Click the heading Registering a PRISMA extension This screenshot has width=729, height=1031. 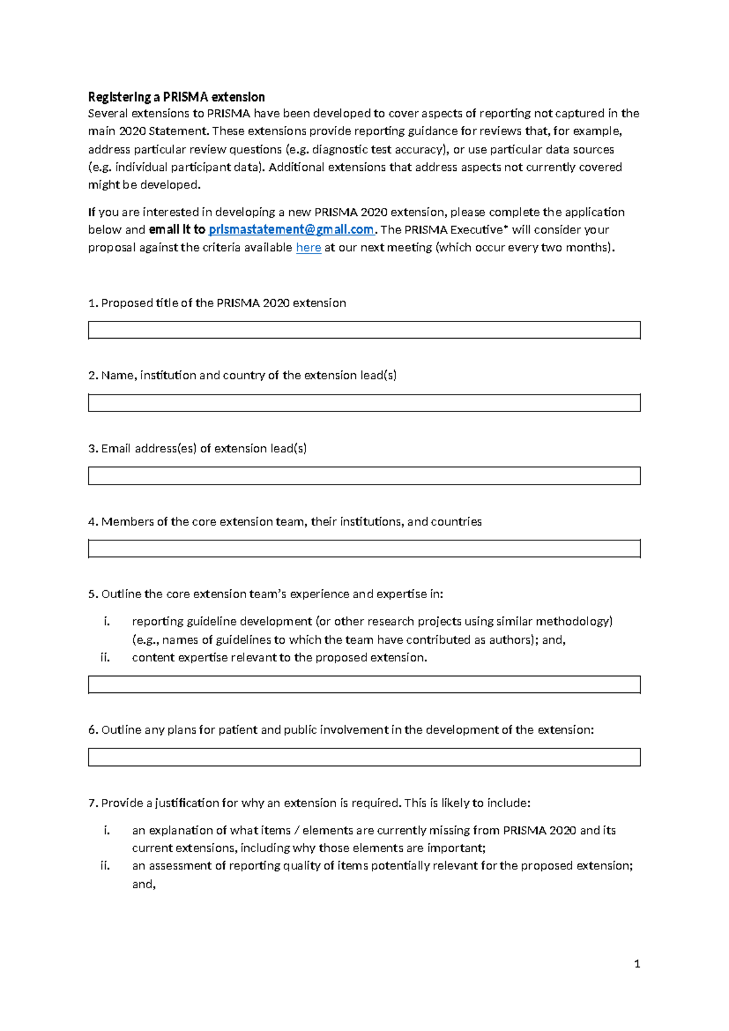pos(176,97)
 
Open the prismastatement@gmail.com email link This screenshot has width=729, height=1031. pos(291,230)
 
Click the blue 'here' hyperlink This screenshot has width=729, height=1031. pos(308,247)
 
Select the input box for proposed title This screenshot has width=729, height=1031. pos(364,330)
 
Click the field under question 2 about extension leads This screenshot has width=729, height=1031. pos(364,403)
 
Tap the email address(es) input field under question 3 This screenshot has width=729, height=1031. pos(364,476)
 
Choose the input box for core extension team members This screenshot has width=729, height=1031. pos(364,549)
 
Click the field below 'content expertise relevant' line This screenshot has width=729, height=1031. pos(364,684)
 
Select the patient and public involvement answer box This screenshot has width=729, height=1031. pos(364,757)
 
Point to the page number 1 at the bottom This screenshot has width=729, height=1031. pos(637,964)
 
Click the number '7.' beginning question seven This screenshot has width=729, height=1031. pos(93,803)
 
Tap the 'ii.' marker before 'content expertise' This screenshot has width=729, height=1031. pos(105,658)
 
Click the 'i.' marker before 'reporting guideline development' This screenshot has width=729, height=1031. pos(107,621)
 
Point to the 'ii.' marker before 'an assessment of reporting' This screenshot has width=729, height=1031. pos(105,866)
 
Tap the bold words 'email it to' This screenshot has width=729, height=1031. pos(177,230)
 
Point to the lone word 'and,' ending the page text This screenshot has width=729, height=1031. pos(144,884)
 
